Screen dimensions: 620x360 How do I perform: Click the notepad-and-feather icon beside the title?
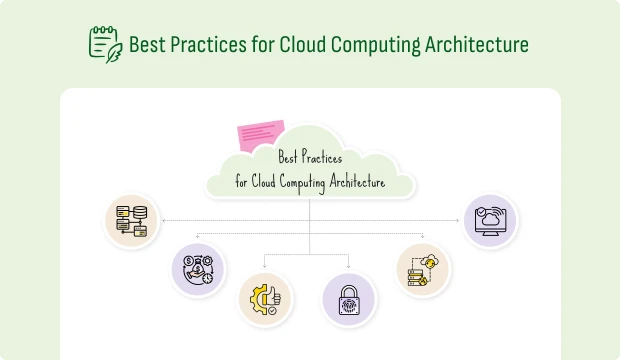[x=105, y=44]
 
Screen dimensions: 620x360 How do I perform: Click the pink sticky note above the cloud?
[x=260, y=134]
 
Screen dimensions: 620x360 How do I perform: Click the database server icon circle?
[x=133, y=222]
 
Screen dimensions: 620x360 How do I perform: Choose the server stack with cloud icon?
[x=422, y=269]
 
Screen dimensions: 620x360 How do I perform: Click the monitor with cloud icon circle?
[x=490, y=222]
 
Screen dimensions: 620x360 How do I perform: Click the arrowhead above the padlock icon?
[x=349, y=267]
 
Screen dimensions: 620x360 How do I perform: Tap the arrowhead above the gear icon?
[x=265, y=267]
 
